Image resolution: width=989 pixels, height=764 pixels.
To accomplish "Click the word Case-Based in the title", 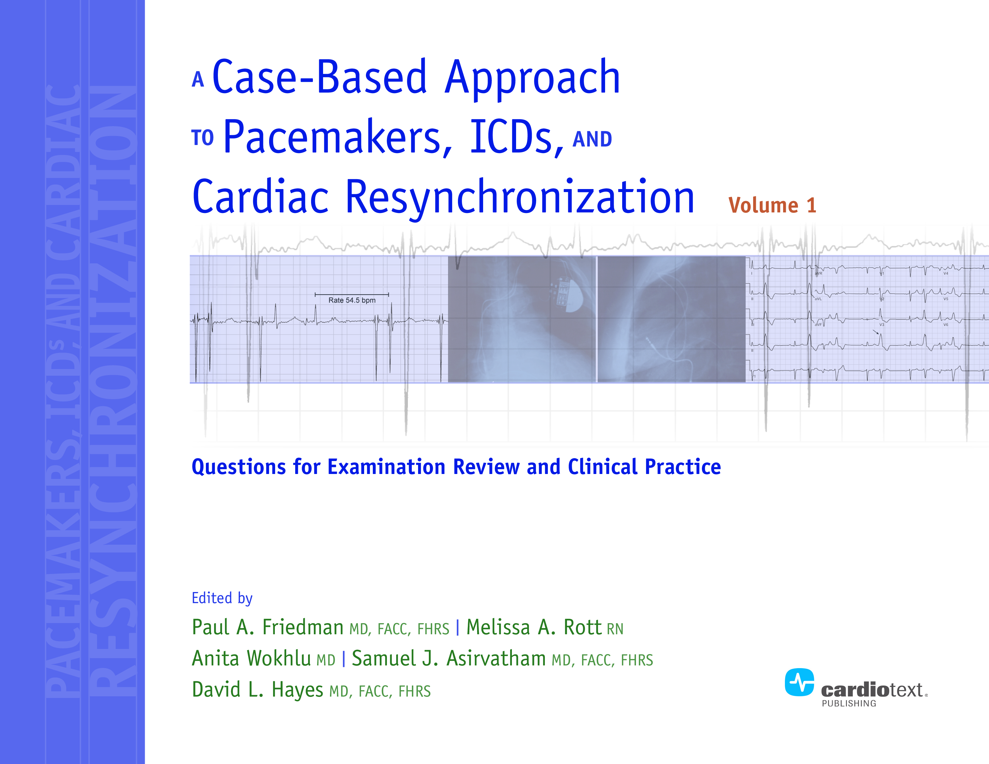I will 319,78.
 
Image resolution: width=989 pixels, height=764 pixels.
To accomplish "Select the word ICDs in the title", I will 516,138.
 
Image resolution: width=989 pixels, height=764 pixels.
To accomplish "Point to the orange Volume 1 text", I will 772,206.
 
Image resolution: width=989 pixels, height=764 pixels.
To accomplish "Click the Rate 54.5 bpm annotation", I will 352,300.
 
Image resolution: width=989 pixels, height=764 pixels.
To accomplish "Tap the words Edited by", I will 222,598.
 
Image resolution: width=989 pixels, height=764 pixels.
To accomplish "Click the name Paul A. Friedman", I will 267,628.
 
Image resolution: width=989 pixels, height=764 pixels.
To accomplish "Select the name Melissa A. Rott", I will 533,628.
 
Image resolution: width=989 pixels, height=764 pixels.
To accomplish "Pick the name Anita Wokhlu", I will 251,659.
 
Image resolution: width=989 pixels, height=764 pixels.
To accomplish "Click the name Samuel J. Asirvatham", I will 448,659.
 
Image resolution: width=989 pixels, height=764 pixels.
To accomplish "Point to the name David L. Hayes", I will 257,690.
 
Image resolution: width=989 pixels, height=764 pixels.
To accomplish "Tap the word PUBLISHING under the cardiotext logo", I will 849,703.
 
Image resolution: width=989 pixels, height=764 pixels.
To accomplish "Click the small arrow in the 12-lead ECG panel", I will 875,332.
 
